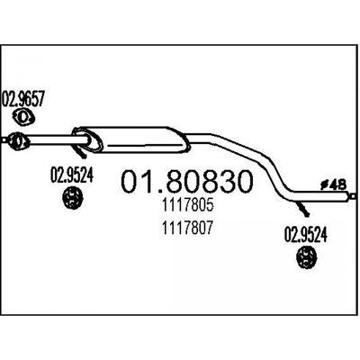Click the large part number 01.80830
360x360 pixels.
186,182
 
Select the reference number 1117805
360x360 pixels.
187,205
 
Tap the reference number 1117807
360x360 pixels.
187,228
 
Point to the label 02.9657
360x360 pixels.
23,99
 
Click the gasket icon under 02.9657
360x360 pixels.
24,117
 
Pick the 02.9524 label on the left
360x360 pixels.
72,175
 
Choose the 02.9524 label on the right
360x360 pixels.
306,235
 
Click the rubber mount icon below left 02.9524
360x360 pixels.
72,197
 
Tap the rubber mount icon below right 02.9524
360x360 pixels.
306,256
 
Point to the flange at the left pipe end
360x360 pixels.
17,140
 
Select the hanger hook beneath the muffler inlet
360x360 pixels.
80,152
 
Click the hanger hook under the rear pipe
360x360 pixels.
303,209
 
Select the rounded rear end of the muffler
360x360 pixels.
184,141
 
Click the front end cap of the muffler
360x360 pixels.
87,139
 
